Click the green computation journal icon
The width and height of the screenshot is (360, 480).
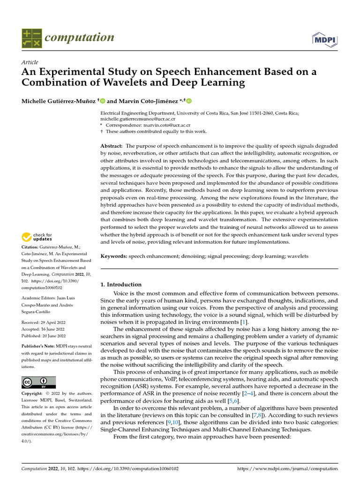(31, 38)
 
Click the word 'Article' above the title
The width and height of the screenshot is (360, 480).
(30, 62)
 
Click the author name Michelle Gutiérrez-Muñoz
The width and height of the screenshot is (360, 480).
(59, 101)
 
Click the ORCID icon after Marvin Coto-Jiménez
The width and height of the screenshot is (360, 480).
(189, 101)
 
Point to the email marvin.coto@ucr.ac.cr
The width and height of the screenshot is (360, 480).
(169, 125)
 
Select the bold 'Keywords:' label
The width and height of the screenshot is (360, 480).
(114, 256)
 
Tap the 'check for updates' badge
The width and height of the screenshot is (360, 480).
(37, 237)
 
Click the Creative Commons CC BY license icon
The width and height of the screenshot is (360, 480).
(38, 382)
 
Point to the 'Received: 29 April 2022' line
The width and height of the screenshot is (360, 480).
(44, 322)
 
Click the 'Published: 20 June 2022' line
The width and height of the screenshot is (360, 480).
(44, 336)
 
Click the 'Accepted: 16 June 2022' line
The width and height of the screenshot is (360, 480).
(44, 329)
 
